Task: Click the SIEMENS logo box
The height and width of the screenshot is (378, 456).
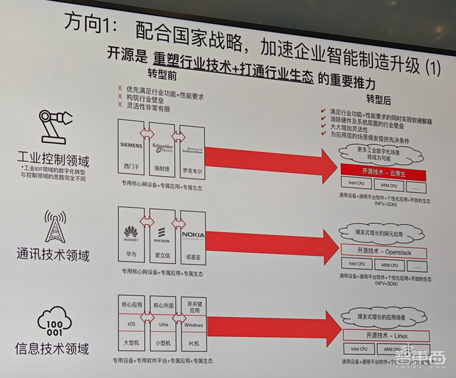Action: (x=131, y=146)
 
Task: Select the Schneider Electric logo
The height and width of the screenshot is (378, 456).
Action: (x=162, y=147)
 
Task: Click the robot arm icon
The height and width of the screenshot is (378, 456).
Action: (x=53, y=128)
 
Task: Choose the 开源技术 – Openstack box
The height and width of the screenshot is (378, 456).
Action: (x=383, y=251)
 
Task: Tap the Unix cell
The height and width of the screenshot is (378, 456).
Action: (x=163, y=325)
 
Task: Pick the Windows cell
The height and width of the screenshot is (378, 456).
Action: (x=193, y=325)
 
